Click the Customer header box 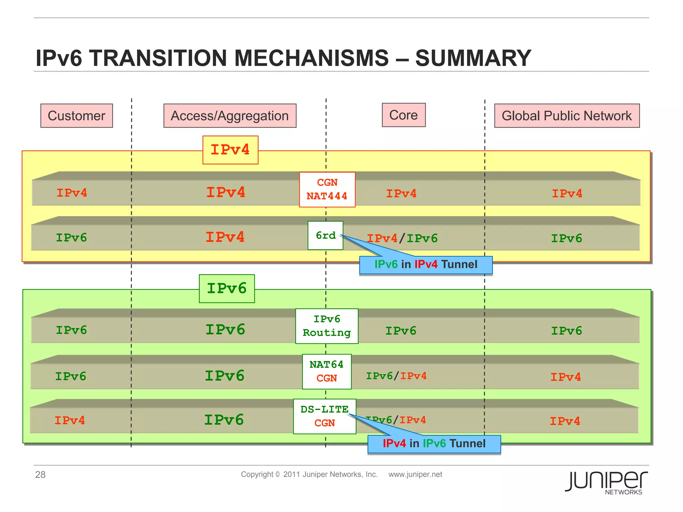tap(76, 116)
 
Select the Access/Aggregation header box tap(230, 116)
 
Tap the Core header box tap(404, 115)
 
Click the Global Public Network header tap(567, 116)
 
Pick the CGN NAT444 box tap(327, 189)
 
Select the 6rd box tap(325, 235)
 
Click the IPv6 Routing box tap(326, 326)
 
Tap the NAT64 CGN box tap(326, 371)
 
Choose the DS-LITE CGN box tap(324, 416)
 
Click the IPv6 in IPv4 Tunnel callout tap(426, 265)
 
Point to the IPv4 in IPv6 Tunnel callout tap(434, 444)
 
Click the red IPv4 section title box tap(230, 150)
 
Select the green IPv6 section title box tap(227, 289)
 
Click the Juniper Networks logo tap(606, 482)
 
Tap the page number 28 tap(40, 475)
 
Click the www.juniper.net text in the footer tap(415, 474)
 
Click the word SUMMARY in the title tap(473, 58)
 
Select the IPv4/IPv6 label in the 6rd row tap(402, 238)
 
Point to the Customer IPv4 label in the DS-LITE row tap(70, 420)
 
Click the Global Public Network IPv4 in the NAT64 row tap(566, 377)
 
